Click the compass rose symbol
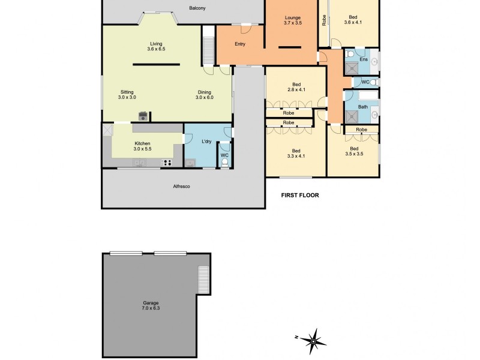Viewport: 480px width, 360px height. pyautogui.click(x=313, y=342)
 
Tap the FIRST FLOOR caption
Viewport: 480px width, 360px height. pyautogui.click(x=300, y=195)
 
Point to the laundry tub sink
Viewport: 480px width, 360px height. pyautogui.click(x=190, y=162)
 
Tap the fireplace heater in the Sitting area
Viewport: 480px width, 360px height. pyautogui.click(x=143, y=116)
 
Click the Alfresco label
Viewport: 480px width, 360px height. pyautogui.click(x=181, y=187)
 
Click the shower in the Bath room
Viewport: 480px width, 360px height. pyautogui.click(x=351, y=116)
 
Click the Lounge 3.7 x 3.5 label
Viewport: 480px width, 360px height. pyautogui.click(x=293, y=20)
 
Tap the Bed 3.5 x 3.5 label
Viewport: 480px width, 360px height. pyautogui.click(x=353, y=151)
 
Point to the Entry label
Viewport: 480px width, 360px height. pyautogui.click(x=240, y=44)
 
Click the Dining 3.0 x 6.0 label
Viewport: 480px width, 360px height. pyautogui.click(x=206, y=94)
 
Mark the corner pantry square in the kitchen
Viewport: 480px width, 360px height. pyautogui.click(x=108, y=131)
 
